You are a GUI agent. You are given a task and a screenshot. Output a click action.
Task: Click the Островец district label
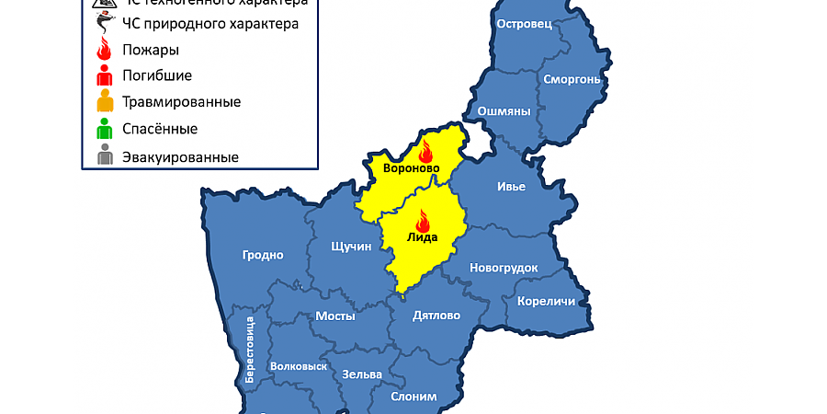click(x=523, y=24)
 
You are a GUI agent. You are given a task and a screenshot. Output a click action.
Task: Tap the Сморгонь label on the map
click(x=572, y=79)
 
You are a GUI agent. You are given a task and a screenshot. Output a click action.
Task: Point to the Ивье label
click(x=511, y=187)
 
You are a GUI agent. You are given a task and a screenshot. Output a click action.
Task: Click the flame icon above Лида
click(x=423, y=221)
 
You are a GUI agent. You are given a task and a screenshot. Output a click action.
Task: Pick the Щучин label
click(x=350, y=247)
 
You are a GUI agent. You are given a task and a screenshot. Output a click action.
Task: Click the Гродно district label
click(x=263, y=255)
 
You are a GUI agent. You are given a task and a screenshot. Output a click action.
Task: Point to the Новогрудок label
click(x=503, y=268)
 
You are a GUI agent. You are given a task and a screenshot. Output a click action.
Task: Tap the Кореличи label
click(x=546, y=301)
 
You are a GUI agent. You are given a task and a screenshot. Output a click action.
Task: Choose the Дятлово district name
click(x=436, y=315)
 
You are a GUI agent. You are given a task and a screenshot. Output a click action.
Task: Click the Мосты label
click(x=335, y=316)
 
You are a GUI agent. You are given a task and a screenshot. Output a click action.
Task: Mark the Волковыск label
click(x=299, y=365)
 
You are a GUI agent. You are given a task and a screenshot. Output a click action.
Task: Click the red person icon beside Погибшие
click(x=106, y=75)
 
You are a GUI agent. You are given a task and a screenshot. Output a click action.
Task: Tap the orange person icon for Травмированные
click(x=106, y=101)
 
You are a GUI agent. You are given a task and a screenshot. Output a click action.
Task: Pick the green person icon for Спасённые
click(x=106, y=129)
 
